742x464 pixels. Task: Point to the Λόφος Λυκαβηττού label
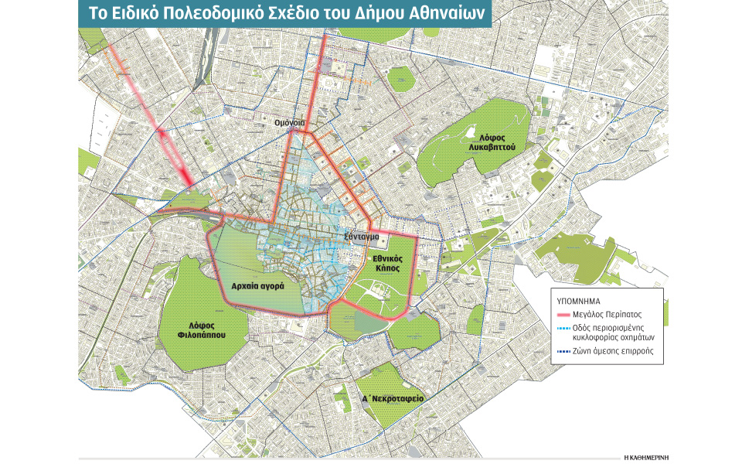coord(495,140)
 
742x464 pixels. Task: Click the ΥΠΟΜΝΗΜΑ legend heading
coord(580,298)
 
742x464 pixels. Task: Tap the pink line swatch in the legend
coord(564,315)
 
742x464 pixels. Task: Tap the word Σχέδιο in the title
coord(305,13)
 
